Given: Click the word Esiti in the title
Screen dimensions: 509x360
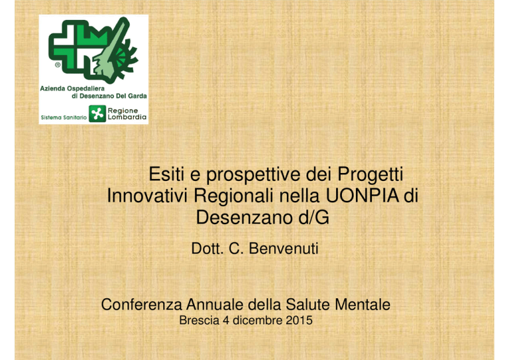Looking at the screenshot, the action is point(166,174).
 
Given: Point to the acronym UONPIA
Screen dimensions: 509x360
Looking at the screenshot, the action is point(363,196).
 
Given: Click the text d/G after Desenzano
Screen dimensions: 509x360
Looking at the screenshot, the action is point(313,217).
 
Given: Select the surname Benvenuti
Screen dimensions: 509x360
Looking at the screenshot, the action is point(284,249).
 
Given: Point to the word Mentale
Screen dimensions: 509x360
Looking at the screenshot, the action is point(363,304).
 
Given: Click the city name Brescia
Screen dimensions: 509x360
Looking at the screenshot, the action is point(199,320).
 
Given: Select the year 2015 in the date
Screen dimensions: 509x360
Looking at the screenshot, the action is point(299,320).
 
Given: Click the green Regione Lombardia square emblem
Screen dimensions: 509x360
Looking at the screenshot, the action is point(97,113).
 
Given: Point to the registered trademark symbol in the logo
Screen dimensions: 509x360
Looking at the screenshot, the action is point(58,65).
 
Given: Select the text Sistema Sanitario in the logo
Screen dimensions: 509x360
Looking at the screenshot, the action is point(64,117).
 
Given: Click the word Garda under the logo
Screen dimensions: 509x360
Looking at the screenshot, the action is point(138,96).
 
